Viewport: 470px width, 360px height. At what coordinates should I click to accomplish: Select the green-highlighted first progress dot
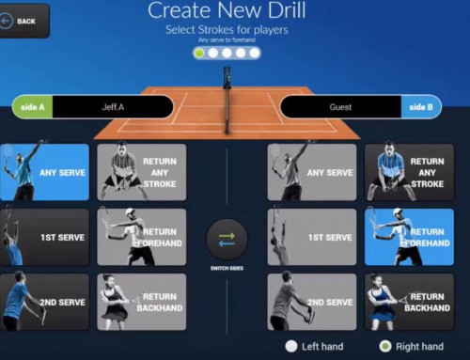(x=199, y=54)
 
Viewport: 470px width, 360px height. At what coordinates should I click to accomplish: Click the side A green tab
(x=32, y=107)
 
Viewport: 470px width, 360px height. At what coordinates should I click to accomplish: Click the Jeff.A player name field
(x=113, y=107)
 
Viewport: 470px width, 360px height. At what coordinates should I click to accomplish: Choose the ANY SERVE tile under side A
(x=45, y=172)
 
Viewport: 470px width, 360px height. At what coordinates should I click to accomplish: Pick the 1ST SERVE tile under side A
(x=45, y=237)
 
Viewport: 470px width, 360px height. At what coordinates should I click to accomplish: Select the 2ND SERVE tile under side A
(x=45, y=302)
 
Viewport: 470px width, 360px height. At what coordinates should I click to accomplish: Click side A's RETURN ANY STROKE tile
(x=142, y=172)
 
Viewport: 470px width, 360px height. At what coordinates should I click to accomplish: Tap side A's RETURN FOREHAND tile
(x=142, y=237)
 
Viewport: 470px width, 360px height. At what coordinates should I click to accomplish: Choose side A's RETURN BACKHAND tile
(x=142, y=302)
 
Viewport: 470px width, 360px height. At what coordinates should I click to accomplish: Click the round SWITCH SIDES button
(x=227, y=241)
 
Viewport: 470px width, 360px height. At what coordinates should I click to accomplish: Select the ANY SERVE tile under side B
(x=312, y=172)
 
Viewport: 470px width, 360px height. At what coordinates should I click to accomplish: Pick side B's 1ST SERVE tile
(x=312, y=237)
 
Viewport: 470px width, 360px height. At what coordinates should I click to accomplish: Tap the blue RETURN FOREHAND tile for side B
(x=408, y=237)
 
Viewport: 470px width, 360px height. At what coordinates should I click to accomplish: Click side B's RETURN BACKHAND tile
(x=408, y=302)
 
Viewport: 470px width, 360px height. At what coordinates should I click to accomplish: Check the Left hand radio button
(x=292, y=347)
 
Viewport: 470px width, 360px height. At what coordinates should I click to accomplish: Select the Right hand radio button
(x=384, y=347)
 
